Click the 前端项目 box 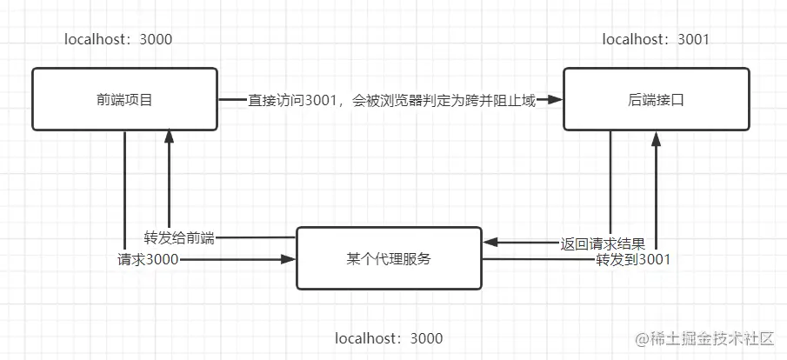coord(124,100)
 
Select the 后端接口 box coord(655,100)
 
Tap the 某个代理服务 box coord(389,258)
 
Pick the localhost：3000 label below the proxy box coord(389,338)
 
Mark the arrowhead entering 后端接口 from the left coord(555,101)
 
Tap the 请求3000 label coord(148,259)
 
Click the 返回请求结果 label coord(603,242)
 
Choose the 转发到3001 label coord(632,259)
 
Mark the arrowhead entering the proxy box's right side coord(490,242)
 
